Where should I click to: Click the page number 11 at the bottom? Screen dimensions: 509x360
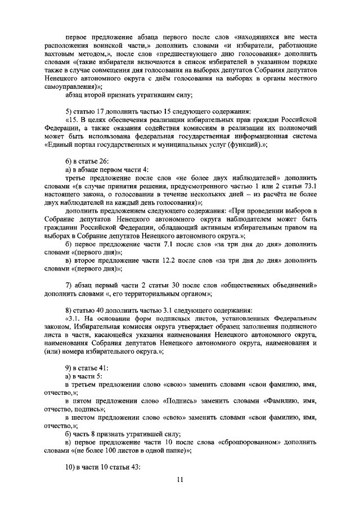pyautogui.click(x=180, y=479)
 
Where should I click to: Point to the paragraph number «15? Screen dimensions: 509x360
pyautogui.click(x=74, y=120)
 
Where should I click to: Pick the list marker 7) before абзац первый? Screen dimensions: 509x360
pyautogui.click(x=70, y=285)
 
